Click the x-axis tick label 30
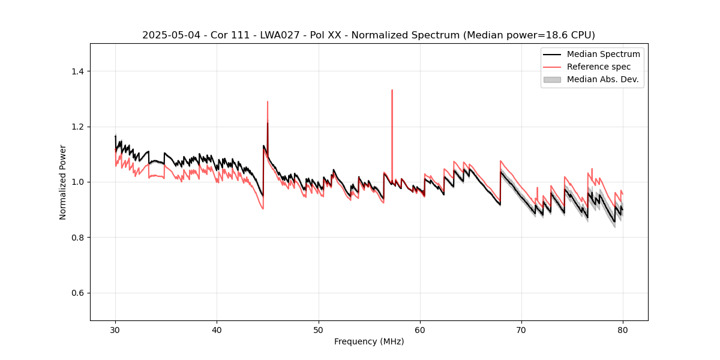click(x=115, y=329)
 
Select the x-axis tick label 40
click(x=217, y=329)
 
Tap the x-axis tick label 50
click(x=318, y=329)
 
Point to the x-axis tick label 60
click(x=420, y=329)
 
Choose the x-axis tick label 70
click(x=521, y=329)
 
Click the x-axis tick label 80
click(x=623, y=329)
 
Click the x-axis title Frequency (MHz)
click(x=369, y=341)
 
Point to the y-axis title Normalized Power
click(x=62, y=182)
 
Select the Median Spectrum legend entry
click(x=603, y=54)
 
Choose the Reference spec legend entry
click(x=599, y=67)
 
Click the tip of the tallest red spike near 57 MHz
click(x=392, y=90)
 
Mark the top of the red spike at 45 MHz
click(x=268, y=101)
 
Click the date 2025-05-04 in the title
click(x=167, y=35)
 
